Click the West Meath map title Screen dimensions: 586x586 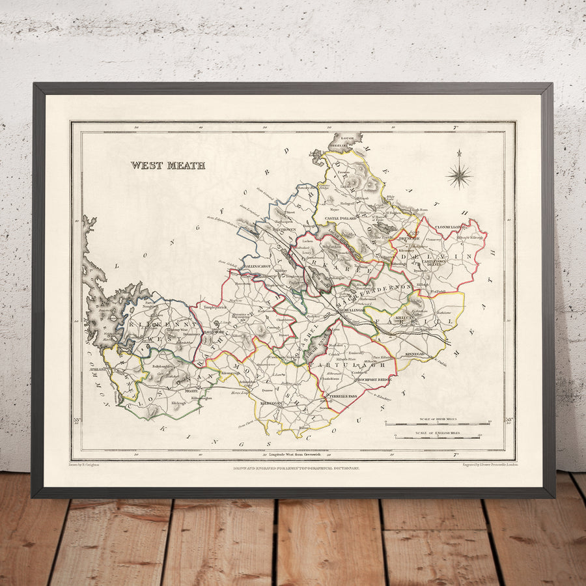[167, 165]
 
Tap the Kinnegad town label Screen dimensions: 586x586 [414, 353]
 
